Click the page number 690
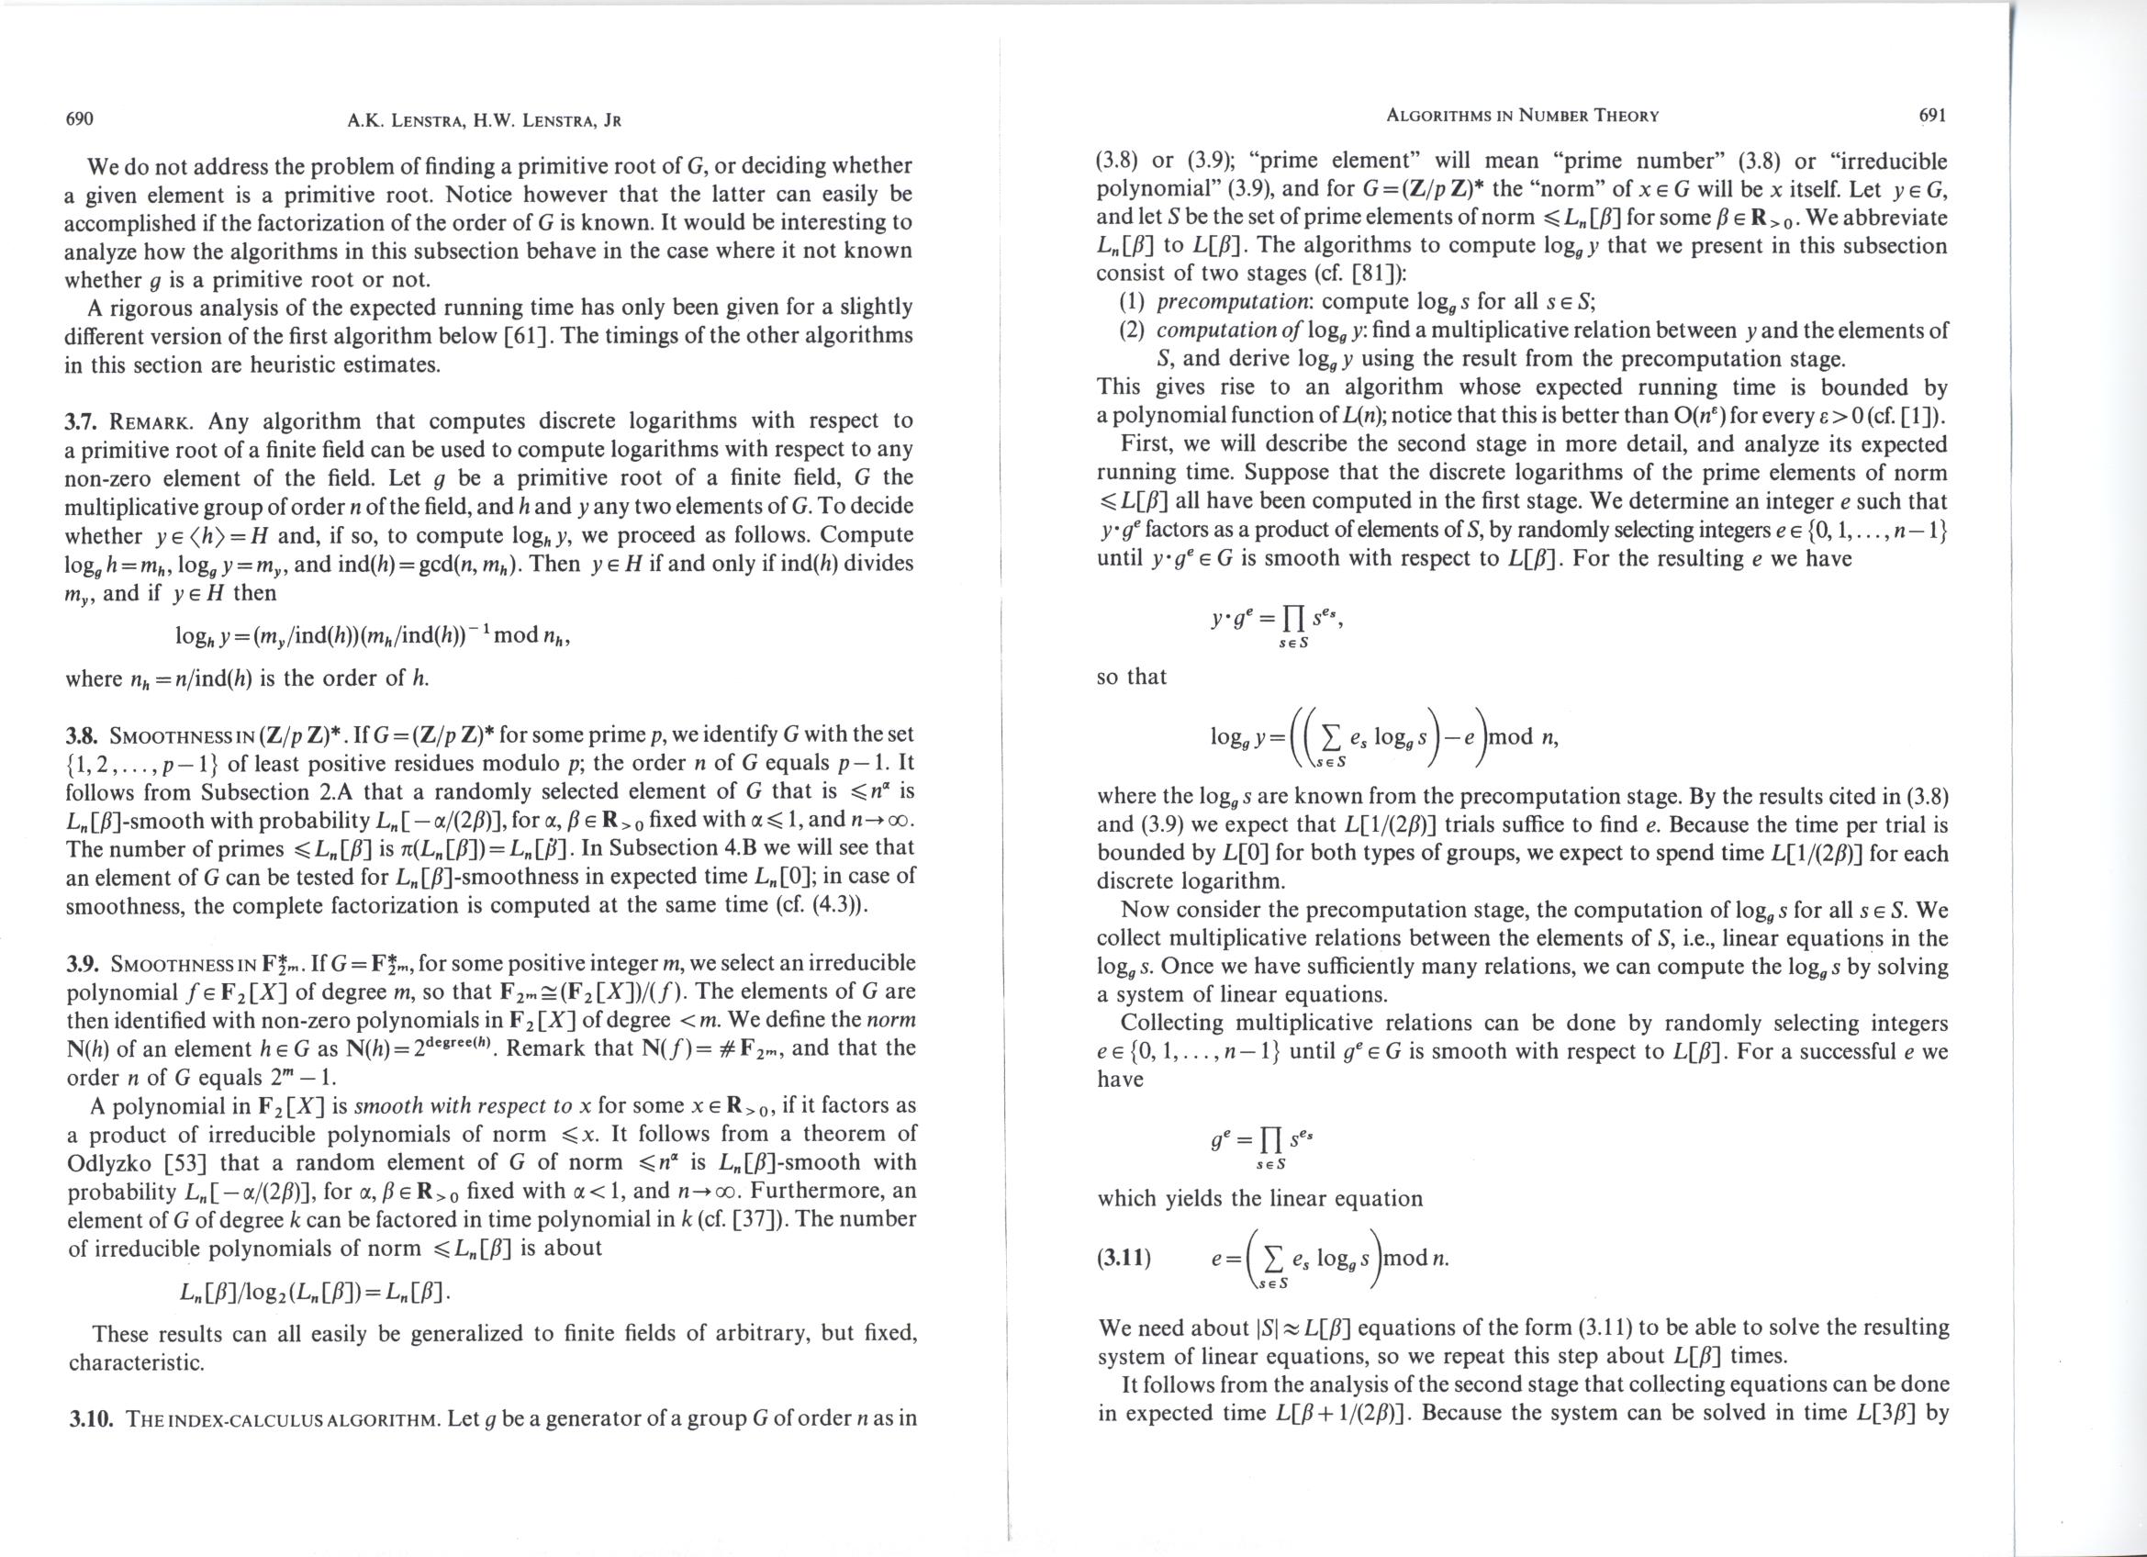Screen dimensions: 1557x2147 [x=79, y=119]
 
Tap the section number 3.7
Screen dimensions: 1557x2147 [x=82, y=421]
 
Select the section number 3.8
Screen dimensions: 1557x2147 [x=83, y=735]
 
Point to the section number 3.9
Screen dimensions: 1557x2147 [x=83, y=965]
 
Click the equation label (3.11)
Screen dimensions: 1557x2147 [x=1124, y=1259]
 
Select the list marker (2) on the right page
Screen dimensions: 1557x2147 [x=1132, y=330]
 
